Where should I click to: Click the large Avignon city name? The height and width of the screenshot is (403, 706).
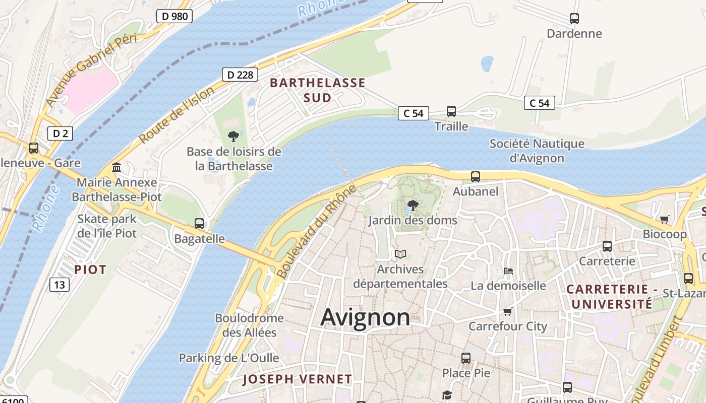click(365, 318)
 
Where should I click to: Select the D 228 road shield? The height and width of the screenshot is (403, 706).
click(240, 75)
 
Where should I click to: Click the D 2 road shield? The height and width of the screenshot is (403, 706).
click(61, 133)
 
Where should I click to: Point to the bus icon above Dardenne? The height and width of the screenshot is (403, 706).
click(574, 19)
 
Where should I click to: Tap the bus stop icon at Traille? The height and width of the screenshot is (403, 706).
click(451, 111)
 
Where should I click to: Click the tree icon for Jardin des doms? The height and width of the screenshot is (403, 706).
click(413, 206)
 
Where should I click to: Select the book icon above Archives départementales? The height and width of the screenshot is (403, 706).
click(400, 254)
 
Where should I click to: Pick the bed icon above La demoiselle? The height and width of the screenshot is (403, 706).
click(508, 271)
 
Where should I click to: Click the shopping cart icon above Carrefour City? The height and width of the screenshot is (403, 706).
click(508, 311)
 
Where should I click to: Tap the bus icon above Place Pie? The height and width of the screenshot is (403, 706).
click(466, 358)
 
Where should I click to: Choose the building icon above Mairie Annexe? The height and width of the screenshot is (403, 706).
click(116, 167)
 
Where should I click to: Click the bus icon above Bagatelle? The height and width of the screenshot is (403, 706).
click(199, 224)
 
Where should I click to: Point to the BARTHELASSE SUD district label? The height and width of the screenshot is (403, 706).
click(318, 90)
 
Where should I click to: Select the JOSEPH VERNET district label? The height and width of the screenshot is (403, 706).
click(297, 379)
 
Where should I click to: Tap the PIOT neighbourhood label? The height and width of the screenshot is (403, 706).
click(90, 270)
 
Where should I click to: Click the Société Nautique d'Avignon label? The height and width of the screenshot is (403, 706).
click(537, 151)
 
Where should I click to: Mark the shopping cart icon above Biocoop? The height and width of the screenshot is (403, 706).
click(665, 219)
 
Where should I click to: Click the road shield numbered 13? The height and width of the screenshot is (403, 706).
click(60, 285)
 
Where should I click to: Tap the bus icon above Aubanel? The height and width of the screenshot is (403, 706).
click(476, 177)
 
